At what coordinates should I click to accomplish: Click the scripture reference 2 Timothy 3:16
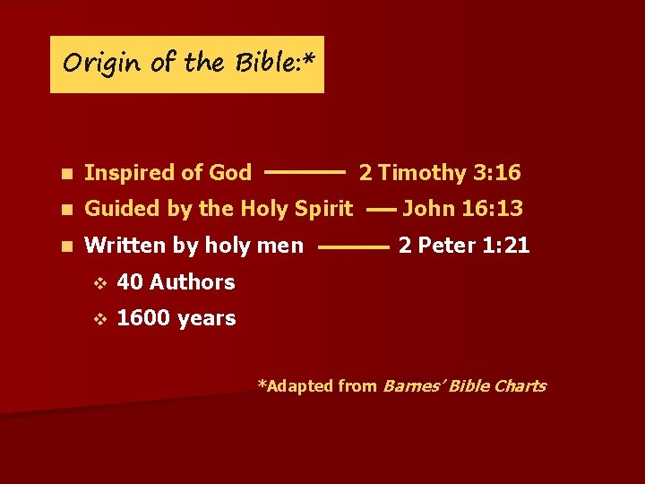[x=440, y=172]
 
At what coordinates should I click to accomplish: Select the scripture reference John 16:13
[x=462, y=209]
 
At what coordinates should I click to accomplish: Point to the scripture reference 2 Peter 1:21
[x=464, y=245]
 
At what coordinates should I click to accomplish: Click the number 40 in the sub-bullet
[x=130, y=282]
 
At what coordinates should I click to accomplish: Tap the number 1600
[x=143, y=318]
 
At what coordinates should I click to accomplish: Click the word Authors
[x=193, y=282]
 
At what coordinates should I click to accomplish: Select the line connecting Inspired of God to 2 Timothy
[x=305, y=169]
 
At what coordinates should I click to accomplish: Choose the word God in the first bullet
[x=230, y=172]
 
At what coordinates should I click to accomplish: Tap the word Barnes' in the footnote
[x=411, y=386]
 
